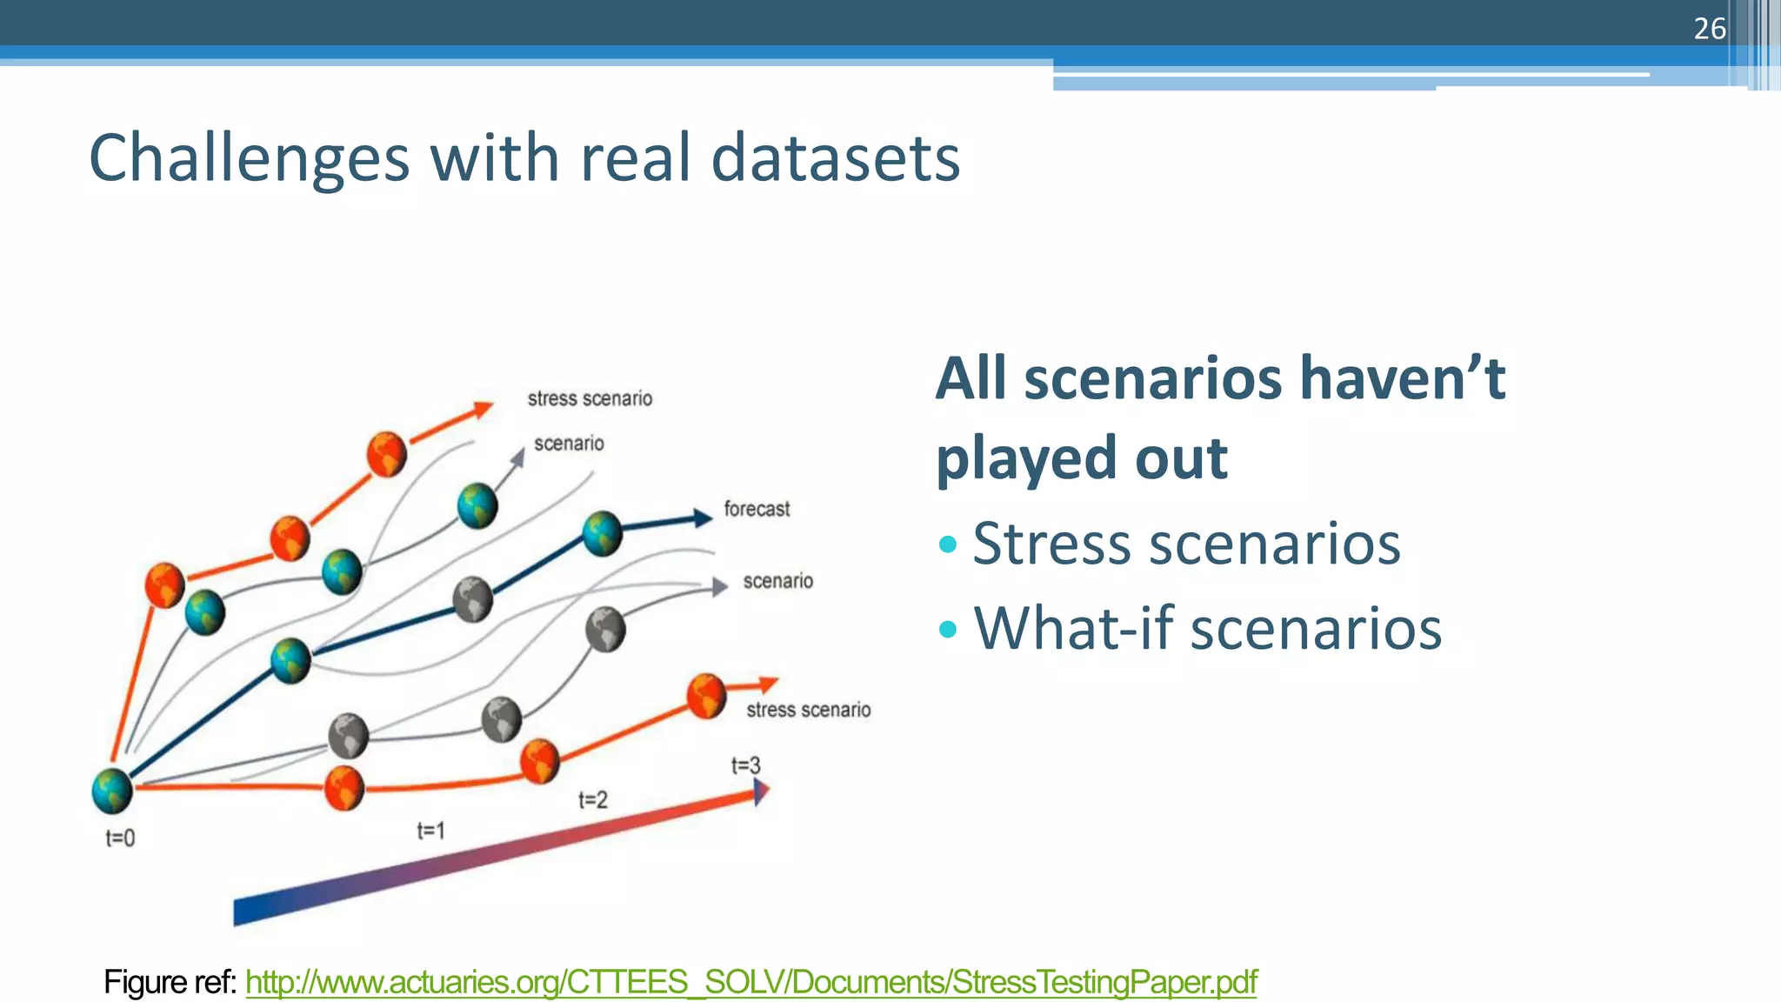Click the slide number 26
[1709, 29]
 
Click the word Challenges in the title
[249, 158]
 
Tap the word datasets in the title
[835, 158]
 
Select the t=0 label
[120, 838]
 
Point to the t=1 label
[430, 831]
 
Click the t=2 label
[593, 799]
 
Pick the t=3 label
[745, 765]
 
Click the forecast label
[757, 509]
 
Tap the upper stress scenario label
[590, 398]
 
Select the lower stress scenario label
[808, 710]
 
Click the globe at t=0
[112, 791]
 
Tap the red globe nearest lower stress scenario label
[706, 696]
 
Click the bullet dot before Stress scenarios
[948, 545]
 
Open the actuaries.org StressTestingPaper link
[750, 982]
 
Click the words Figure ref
[170, 982]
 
